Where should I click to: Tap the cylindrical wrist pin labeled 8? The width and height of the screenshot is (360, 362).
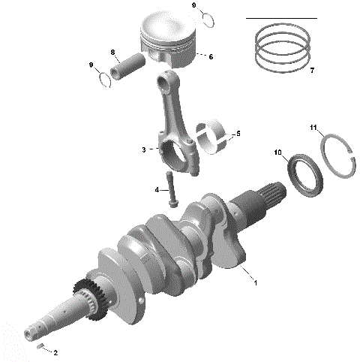pyautogui.click(x=130, y=66)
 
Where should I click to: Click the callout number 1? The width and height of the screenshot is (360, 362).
pyautogui.click(x=256, y=283)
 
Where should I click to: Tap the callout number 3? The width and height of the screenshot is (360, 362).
pyautogui.click(x=143, y=150)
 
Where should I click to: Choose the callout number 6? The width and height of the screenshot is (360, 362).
pyautogui.click(x=211, y=56)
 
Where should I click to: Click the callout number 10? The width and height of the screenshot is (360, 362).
pyautogui.click(x=277, y=153)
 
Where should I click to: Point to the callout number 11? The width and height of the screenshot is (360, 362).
pyautogui.click(x=313, y=128)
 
